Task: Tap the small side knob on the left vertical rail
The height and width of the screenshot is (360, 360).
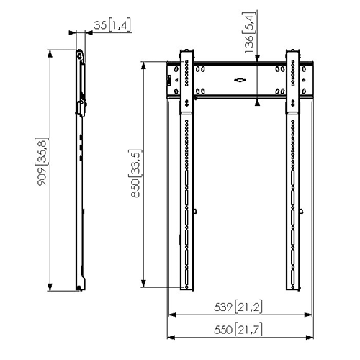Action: point(196,210)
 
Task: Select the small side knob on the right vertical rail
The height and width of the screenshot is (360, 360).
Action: point(302,210)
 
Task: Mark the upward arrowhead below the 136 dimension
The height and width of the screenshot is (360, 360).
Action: point(256,102)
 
